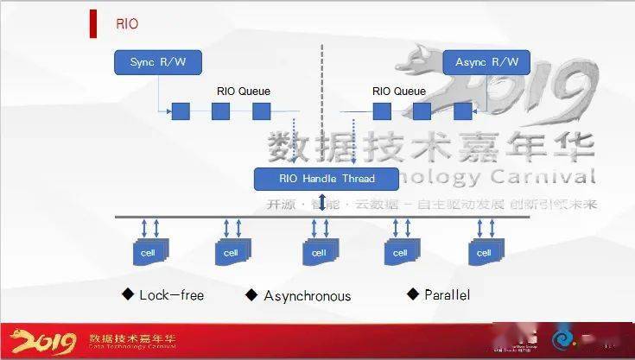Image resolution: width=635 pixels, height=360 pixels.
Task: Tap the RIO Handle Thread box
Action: pyautogui.click(x=327, y=179)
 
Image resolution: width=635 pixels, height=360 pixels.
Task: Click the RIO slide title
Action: pyautogui.click(x=127, y=24)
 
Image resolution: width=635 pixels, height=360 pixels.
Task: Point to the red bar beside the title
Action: pyautogui.click(x=92, y=24)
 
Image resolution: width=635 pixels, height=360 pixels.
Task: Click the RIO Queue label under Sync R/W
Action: pyautogui.click(x=244, y=91)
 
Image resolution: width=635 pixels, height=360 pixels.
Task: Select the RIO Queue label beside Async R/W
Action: pyautogui.click(x=398, y=91)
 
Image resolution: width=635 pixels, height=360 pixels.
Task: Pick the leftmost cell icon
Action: pyautogui.click(x=149, y=252)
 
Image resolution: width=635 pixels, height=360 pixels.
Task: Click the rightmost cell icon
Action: pyautogui.click(x=486, y=252)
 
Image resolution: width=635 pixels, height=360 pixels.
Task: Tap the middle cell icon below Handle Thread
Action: pyautogui.click(x=321, y=252)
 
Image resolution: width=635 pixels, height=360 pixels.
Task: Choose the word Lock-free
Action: pyautogui.click(x=171, y=295)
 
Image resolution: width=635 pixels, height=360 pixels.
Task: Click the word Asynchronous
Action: pyautogui.click(x=308, y=296)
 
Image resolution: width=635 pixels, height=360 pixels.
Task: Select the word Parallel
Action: pyautogui.click(x=447, y=295)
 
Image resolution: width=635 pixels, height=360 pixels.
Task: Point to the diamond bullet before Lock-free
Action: pyautogui.click(x=128, y=294)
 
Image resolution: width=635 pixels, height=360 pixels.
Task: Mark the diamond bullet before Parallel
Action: pyautogui.click(x=413, y=294)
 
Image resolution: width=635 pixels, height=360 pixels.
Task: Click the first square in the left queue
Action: pyautogui.click(x=181, y=111)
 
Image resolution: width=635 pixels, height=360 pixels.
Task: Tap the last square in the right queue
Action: pyautogui.click(x=463, y=111)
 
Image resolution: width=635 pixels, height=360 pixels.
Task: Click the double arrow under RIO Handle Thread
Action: pyautogui.click(x=321, y=202)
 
